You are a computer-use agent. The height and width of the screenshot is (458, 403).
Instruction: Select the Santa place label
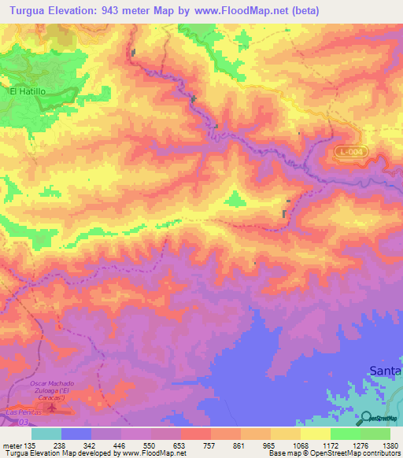tap(386, 370)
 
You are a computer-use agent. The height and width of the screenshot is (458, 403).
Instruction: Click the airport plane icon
tap(52, 408)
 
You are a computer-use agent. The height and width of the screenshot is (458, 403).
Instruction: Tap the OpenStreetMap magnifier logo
tap(364, 418)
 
